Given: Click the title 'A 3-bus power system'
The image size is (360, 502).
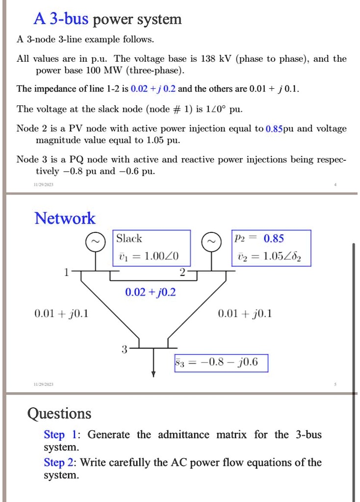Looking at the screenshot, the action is pos(107,19).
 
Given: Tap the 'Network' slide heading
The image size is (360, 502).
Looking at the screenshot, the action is pos(65,218).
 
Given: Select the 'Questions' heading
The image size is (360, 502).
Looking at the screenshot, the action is pos(59,414).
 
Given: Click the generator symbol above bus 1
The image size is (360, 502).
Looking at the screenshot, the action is pos(96,242).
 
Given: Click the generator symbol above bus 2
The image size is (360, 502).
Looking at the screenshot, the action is pos(213,242).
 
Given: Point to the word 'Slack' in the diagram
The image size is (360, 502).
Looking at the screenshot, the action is pos(129,239).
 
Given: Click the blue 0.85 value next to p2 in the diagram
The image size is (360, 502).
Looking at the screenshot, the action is pos(273,239).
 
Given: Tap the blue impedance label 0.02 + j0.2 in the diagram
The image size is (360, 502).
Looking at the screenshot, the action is pos(150,293).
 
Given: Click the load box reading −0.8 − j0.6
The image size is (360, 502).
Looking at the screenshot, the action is pos(221,363).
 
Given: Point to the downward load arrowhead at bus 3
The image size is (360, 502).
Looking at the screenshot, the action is pos(154,374).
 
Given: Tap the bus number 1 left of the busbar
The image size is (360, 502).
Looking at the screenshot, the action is pos(67,273).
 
